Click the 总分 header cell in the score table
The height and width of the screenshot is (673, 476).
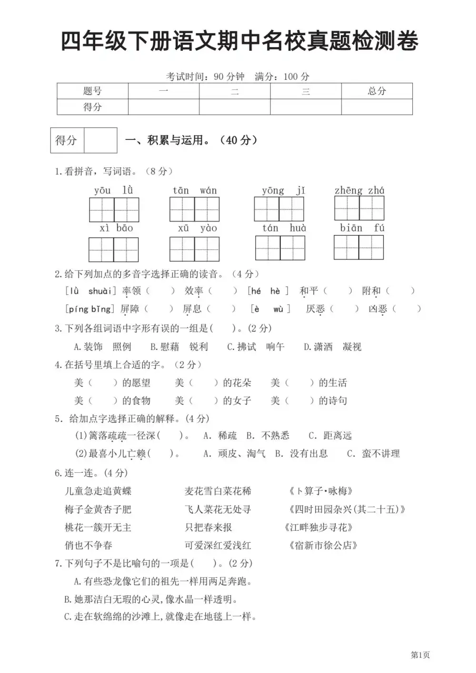[x=377, y=91]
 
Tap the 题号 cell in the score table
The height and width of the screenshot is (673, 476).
[x=92, y=91]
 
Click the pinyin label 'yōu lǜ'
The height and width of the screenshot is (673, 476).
[x=113, y=190]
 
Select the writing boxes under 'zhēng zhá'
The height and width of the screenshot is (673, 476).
[x=359, y=208]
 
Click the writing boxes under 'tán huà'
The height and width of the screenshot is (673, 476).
[x=280, y=248]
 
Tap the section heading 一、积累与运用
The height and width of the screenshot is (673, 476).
[x=190, y=140]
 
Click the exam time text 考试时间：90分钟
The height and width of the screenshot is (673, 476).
[x=205, y=76]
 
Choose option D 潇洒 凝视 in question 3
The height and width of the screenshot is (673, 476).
[x=332, y=347]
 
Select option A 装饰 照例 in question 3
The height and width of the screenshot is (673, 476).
[x=102, y=347]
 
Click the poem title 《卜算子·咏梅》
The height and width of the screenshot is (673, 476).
[x=320, y=491]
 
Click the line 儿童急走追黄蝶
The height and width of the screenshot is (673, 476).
[x=98, y=491]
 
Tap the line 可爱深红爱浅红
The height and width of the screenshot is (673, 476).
[x=218, y=545]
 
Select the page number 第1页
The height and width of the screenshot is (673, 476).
[x=420, y=655]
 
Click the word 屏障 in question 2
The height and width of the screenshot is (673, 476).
[x=130, y=309]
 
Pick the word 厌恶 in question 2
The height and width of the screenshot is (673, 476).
[x=315, y=309]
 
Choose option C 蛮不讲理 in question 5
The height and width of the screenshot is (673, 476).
[x=374, y=453]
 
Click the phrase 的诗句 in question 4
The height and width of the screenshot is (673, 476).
[x=333, y=400]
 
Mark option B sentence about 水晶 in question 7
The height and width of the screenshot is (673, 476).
[x=150, y=599]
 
